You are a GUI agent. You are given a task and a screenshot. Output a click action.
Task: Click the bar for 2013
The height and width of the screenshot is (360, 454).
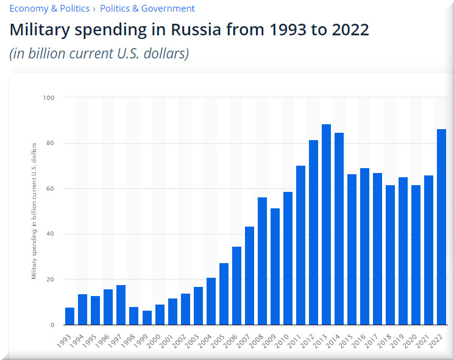click(x=326, y=225)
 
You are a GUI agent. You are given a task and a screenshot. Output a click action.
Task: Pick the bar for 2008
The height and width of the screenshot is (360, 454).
click(x=262, y=261)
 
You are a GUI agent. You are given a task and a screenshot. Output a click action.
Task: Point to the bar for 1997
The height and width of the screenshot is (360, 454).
click(x=121, y=305)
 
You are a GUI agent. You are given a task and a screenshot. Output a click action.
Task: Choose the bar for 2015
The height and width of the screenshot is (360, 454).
click(x=352, y=250)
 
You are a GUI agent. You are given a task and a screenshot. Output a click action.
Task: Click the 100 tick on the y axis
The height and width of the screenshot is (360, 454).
click(x=49, y=97)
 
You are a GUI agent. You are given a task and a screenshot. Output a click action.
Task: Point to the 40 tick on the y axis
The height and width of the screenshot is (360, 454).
click(x=51, y=234)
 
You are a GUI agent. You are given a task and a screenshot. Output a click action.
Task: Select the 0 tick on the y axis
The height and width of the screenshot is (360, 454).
click(x=52, y=325)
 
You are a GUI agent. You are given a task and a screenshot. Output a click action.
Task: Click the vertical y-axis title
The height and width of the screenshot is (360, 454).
click(x=35, y=210)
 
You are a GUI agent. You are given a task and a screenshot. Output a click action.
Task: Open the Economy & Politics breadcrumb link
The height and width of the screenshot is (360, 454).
click(x=49, y=9)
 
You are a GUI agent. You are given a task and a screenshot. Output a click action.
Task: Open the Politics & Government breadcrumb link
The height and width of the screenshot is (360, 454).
click(x=147, y=9)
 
